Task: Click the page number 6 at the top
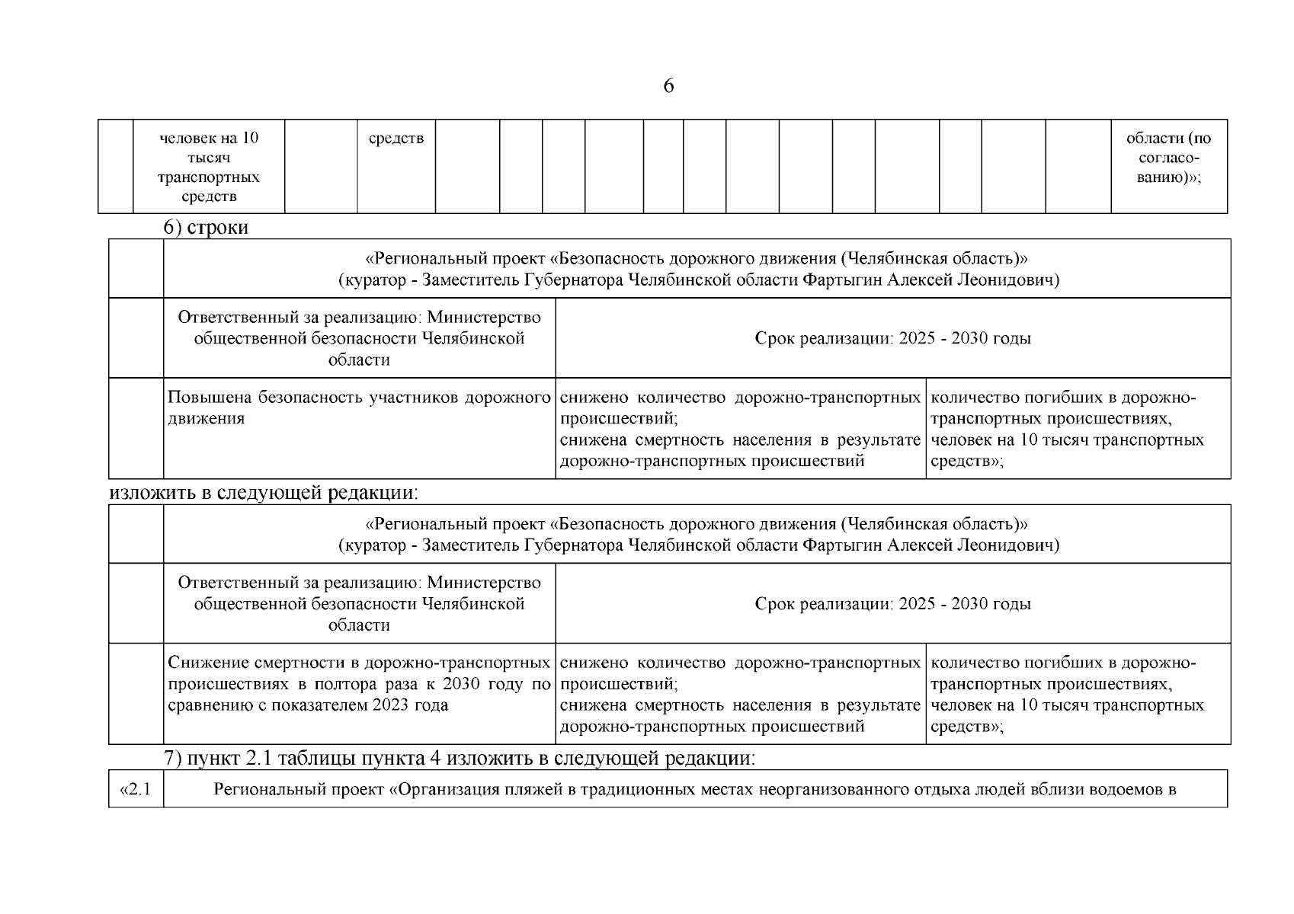(x=668, y=86)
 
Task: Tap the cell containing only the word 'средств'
(x=396, y=139)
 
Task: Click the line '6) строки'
(x=207, y=228)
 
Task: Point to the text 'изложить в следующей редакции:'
(x=264, y=493)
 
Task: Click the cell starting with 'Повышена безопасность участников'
(x=359, y=408)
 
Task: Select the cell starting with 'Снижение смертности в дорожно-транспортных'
(x=359, y=683)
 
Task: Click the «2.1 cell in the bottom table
(x=136, y=789)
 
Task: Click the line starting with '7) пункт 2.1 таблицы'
(x=460, y=759)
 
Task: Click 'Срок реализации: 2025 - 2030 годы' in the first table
(x=892, y=338)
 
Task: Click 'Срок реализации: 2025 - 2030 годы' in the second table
(x=892, y=604)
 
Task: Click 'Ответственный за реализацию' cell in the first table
(x=359, y=338)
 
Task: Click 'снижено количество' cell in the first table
(x=740, y=429)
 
